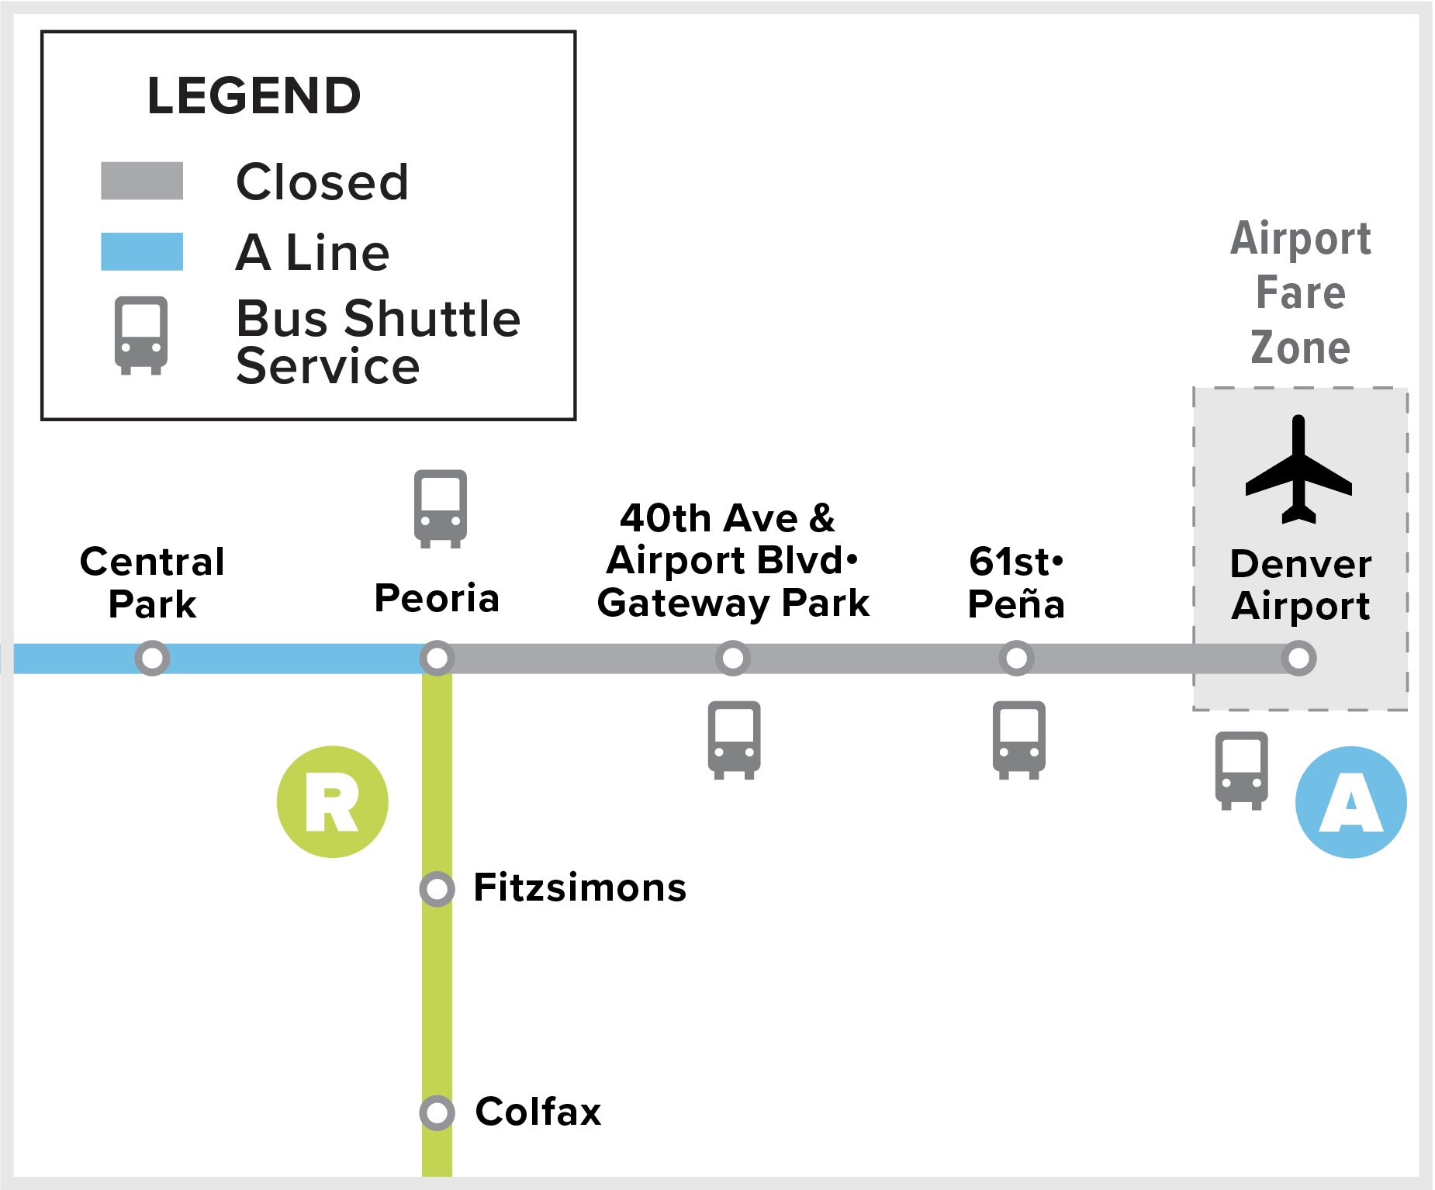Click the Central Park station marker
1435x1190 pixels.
(x=152, y=658)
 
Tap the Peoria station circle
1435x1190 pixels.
(x=437, y=658)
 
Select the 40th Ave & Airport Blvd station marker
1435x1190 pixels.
(x=732, y=658)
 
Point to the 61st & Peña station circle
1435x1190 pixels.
(x=1016, y=658)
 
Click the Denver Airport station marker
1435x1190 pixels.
(x=1298, y=658)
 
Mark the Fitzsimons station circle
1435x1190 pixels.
(x=437, y=888)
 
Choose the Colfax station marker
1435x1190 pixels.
(x=437, y=1112)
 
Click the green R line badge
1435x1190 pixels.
(x=332, y=801)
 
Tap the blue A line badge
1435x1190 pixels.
(x=1350, y=801)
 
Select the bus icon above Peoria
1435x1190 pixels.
(x=440, y=508)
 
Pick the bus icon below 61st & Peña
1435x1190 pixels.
(x=1018, y=739)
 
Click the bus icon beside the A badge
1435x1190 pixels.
(x=1241, y=770)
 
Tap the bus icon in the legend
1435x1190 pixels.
(x=140, y=335)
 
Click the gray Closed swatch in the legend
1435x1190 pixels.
(x=142, y=181)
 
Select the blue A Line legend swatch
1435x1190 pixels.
(x=142, y=251)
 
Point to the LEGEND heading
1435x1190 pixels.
(x=254, y=95)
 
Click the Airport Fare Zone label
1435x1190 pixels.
(x=1301, y=292)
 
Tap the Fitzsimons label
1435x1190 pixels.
(x=579, y=887)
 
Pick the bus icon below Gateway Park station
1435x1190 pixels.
(x=734, y=739)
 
